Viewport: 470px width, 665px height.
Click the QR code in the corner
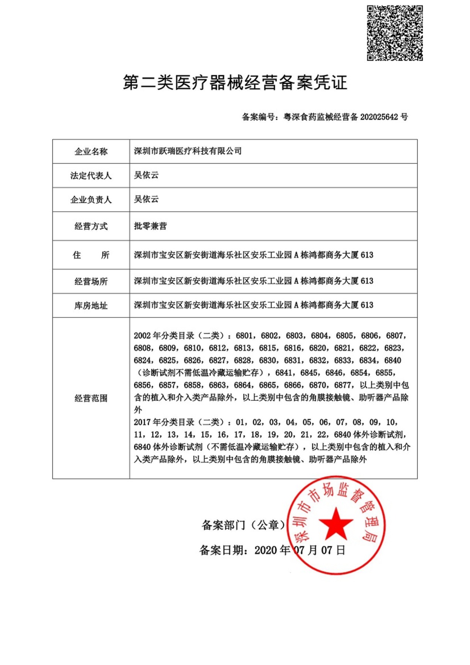pos(395,33)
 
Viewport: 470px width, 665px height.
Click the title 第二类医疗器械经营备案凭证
pos(235,82)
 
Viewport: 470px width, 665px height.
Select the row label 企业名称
pos(91,151)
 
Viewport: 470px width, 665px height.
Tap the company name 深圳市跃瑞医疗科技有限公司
pos(188,151)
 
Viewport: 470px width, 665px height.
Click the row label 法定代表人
pos(91,175)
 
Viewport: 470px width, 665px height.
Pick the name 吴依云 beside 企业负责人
pos(146,199)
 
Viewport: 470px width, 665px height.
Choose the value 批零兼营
pos(150,226)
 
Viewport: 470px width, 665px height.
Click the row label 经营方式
pos(91,226)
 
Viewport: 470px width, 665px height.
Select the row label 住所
pos(91,255)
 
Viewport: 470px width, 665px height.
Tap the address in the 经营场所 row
pos(253,281)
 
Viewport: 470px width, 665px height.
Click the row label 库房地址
pos(91,306)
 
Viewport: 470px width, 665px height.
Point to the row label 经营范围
pos(91,398)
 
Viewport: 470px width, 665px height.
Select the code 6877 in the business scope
pos(343,385)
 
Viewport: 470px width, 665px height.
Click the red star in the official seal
pos(336,524)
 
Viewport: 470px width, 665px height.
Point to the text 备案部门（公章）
pos(244,525)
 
